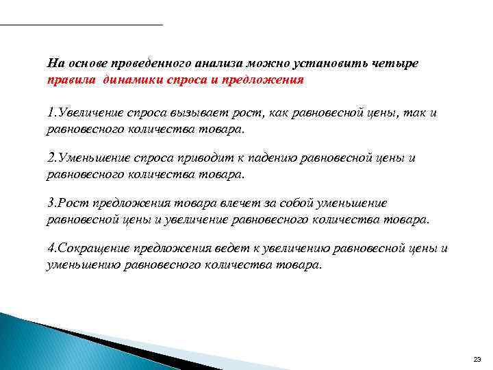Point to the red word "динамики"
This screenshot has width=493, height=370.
pyautogui.click(x=132, y=79)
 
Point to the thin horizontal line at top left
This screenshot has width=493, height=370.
pyautogui.click(x=81, y=25)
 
